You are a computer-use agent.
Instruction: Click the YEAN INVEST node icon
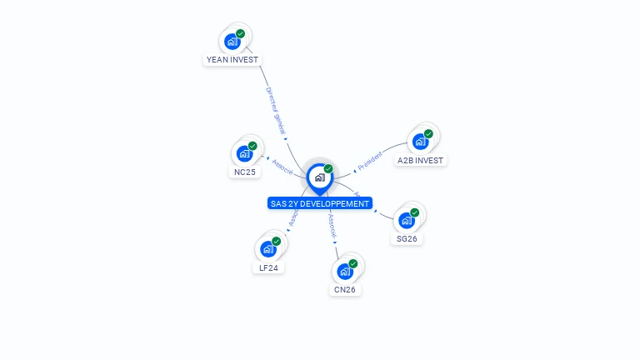(232, 42)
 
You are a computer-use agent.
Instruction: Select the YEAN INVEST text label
(232, 60)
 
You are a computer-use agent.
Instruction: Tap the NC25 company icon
(244, 154)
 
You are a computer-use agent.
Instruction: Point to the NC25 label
(244, 172)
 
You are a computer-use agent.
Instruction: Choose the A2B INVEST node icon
(420, 142)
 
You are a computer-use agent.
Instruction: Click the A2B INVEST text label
(421, 160)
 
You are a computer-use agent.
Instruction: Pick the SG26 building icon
(407, 221)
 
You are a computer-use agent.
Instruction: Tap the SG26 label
(407, 239)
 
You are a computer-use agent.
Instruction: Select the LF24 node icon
(268, 249)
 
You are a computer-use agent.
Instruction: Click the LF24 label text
(268, 267)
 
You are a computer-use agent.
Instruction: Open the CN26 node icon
(345, 272)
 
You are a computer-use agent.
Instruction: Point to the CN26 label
(345, 290)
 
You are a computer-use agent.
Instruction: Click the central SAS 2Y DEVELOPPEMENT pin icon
(319, 177)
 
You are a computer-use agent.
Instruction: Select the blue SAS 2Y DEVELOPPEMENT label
(319, 203)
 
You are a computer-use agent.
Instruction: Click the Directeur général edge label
(276, 109)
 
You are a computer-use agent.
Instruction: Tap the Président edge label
(370, 159)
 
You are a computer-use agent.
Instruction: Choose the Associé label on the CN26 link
(332, 225)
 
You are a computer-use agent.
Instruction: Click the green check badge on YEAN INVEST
(241, 34)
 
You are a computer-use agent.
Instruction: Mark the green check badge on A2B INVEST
(428, 134)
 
